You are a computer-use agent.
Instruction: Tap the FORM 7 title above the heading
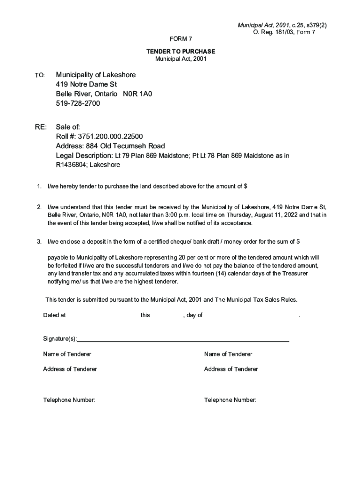(x=180, y=39)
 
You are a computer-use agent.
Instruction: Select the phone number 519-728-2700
(x=78, y=103)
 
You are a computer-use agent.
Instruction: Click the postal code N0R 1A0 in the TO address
(x=137, y=94)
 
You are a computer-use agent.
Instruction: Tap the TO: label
(x=40, y=75)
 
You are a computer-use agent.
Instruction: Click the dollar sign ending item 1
(x=245, y=186)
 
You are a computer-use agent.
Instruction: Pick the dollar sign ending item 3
(x=298, y=241)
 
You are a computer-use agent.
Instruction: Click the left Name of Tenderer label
(x=67, y=354)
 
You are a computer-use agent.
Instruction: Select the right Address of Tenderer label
(x=231, y=369)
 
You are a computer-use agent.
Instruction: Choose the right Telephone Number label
(x=230, y=400)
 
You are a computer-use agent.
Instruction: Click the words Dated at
(x=54, y=315)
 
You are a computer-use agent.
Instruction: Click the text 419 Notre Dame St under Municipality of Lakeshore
(x=86, y=85)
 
